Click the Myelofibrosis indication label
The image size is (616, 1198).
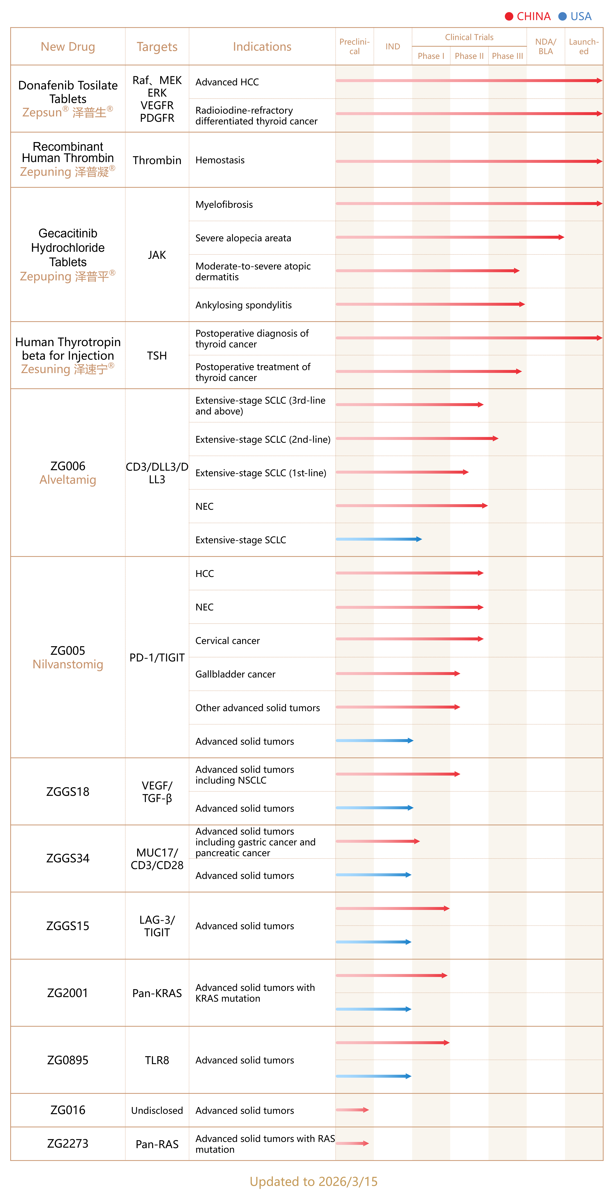click(224, 205)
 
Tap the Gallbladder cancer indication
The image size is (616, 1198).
click(235, 674)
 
